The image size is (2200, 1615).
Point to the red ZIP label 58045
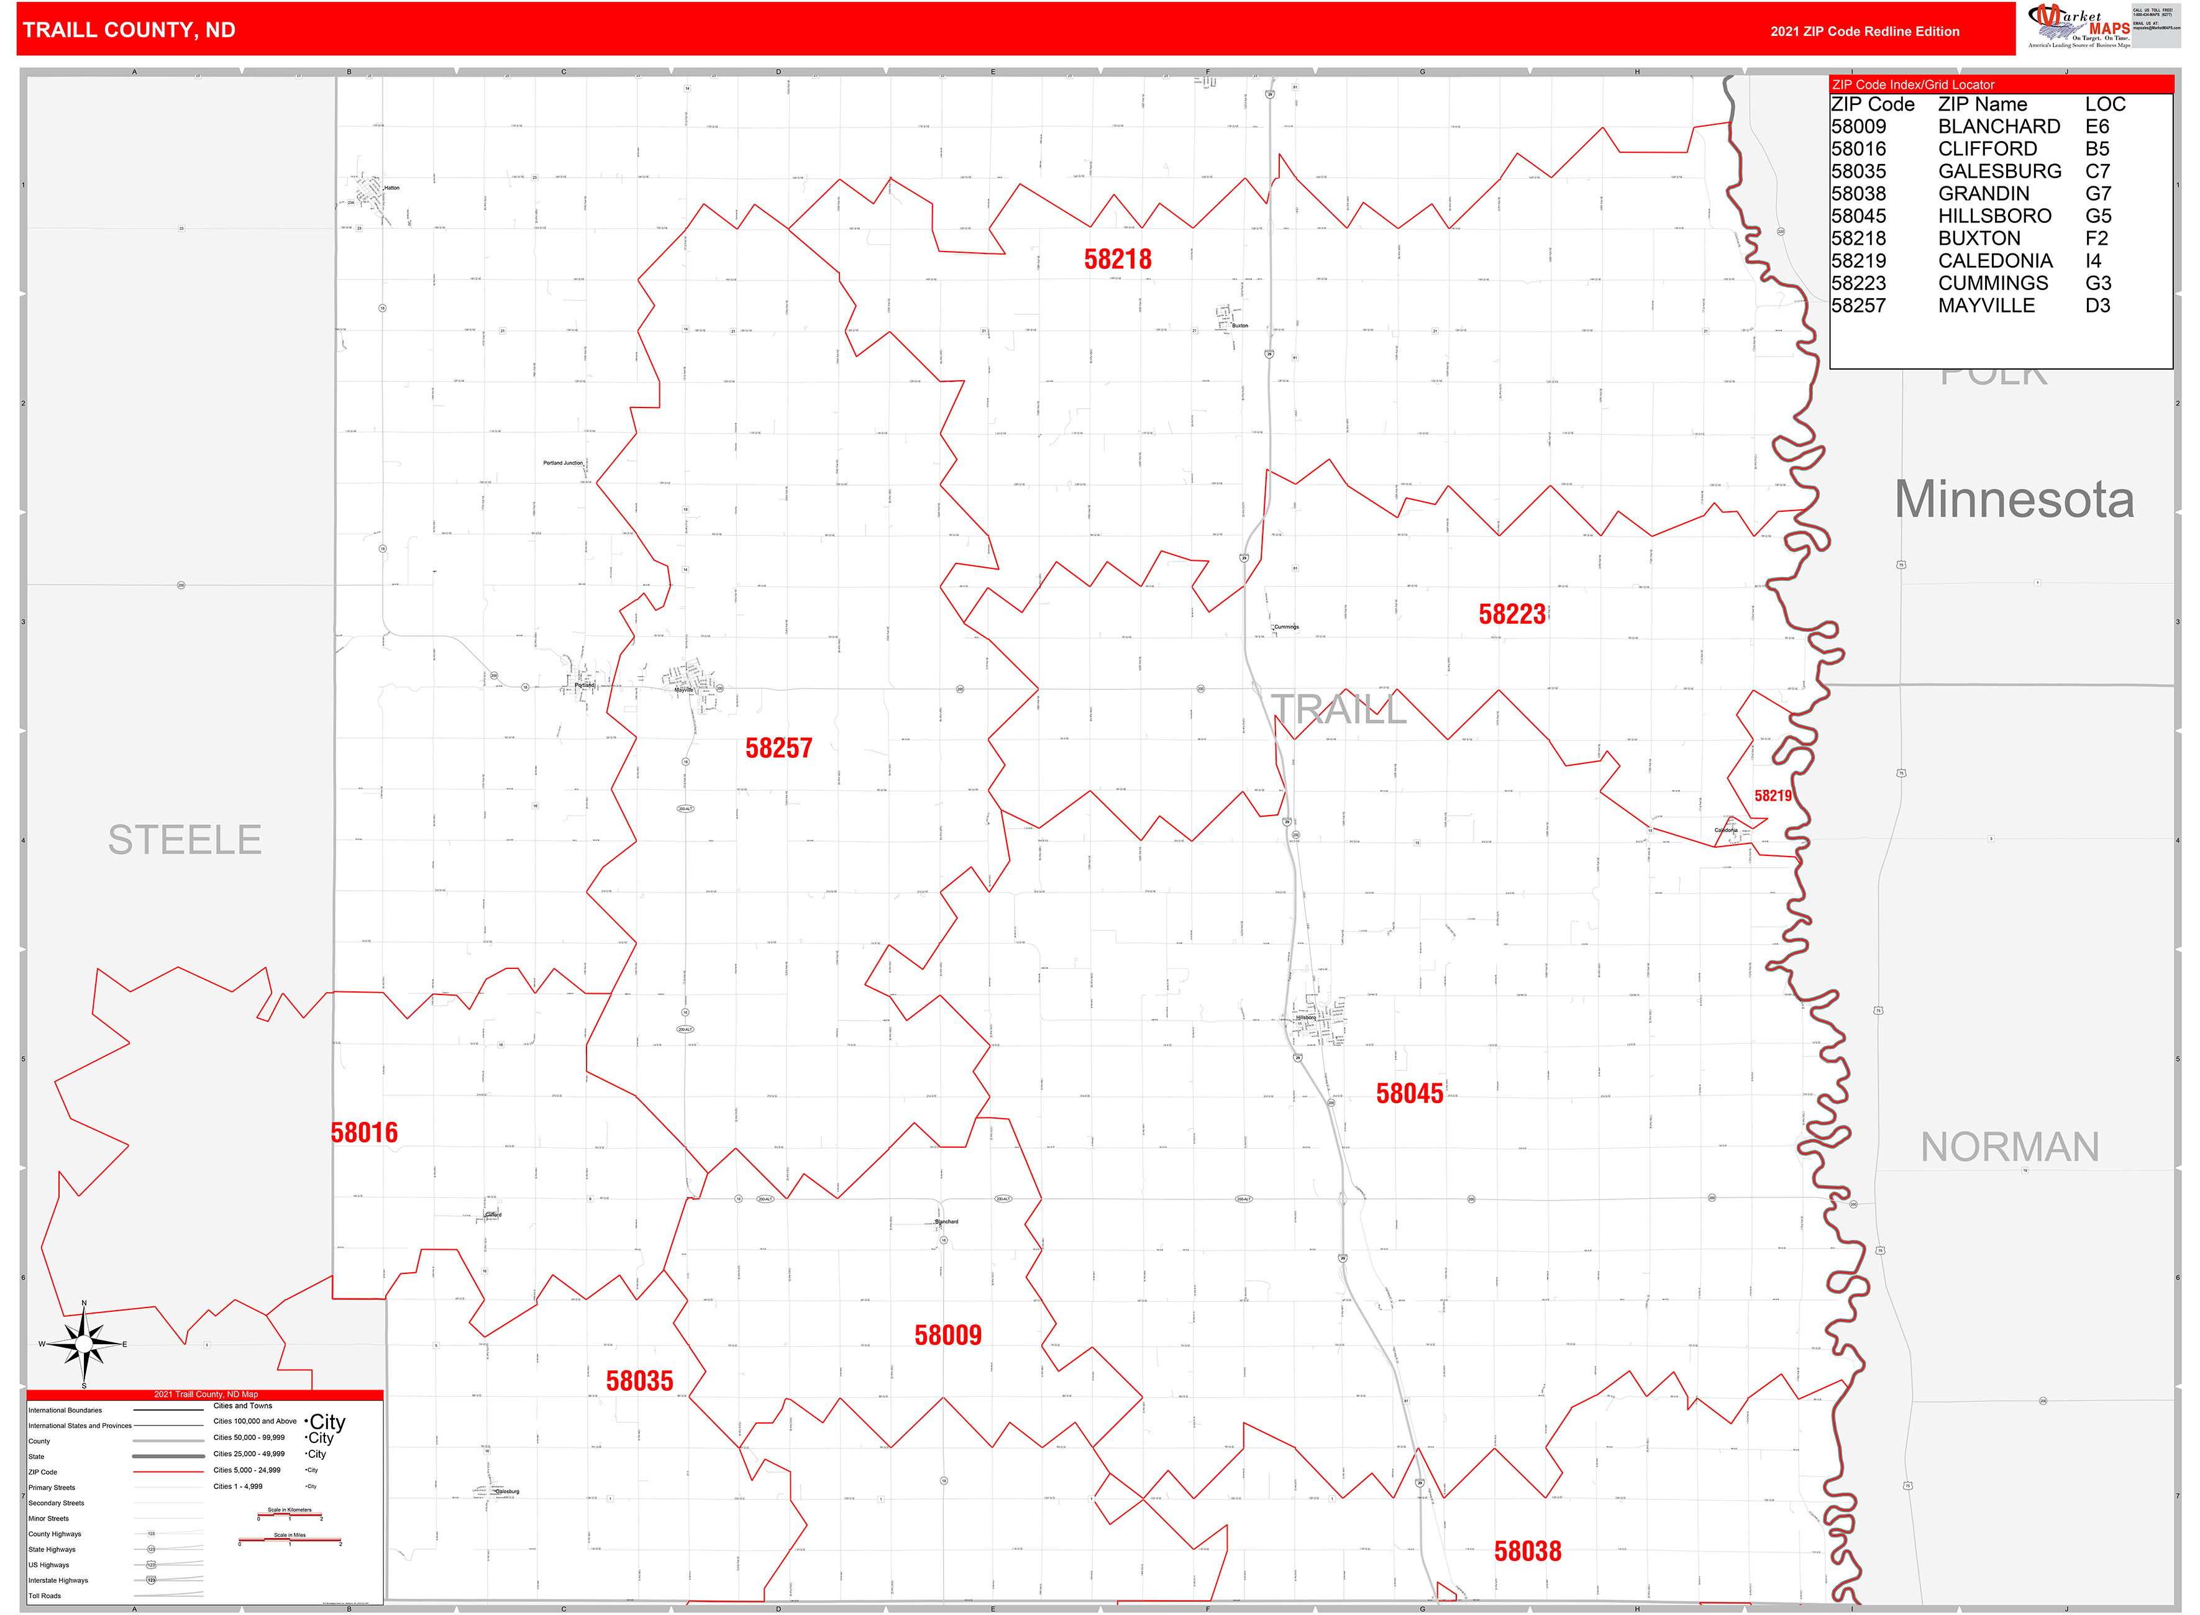coord(1409,1093)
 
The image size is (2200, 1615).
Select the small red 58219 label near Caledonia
coord(1772,796)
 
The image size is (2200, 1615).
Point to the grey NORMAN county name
coord(2009,1147)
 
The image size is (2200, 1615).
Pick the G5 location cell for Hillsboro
coord(2097,216)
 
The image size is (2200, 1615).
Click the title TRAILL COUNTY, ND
coord(129,30)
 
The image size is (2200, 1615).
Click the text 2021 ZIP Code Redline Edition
coord(1864,31)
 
